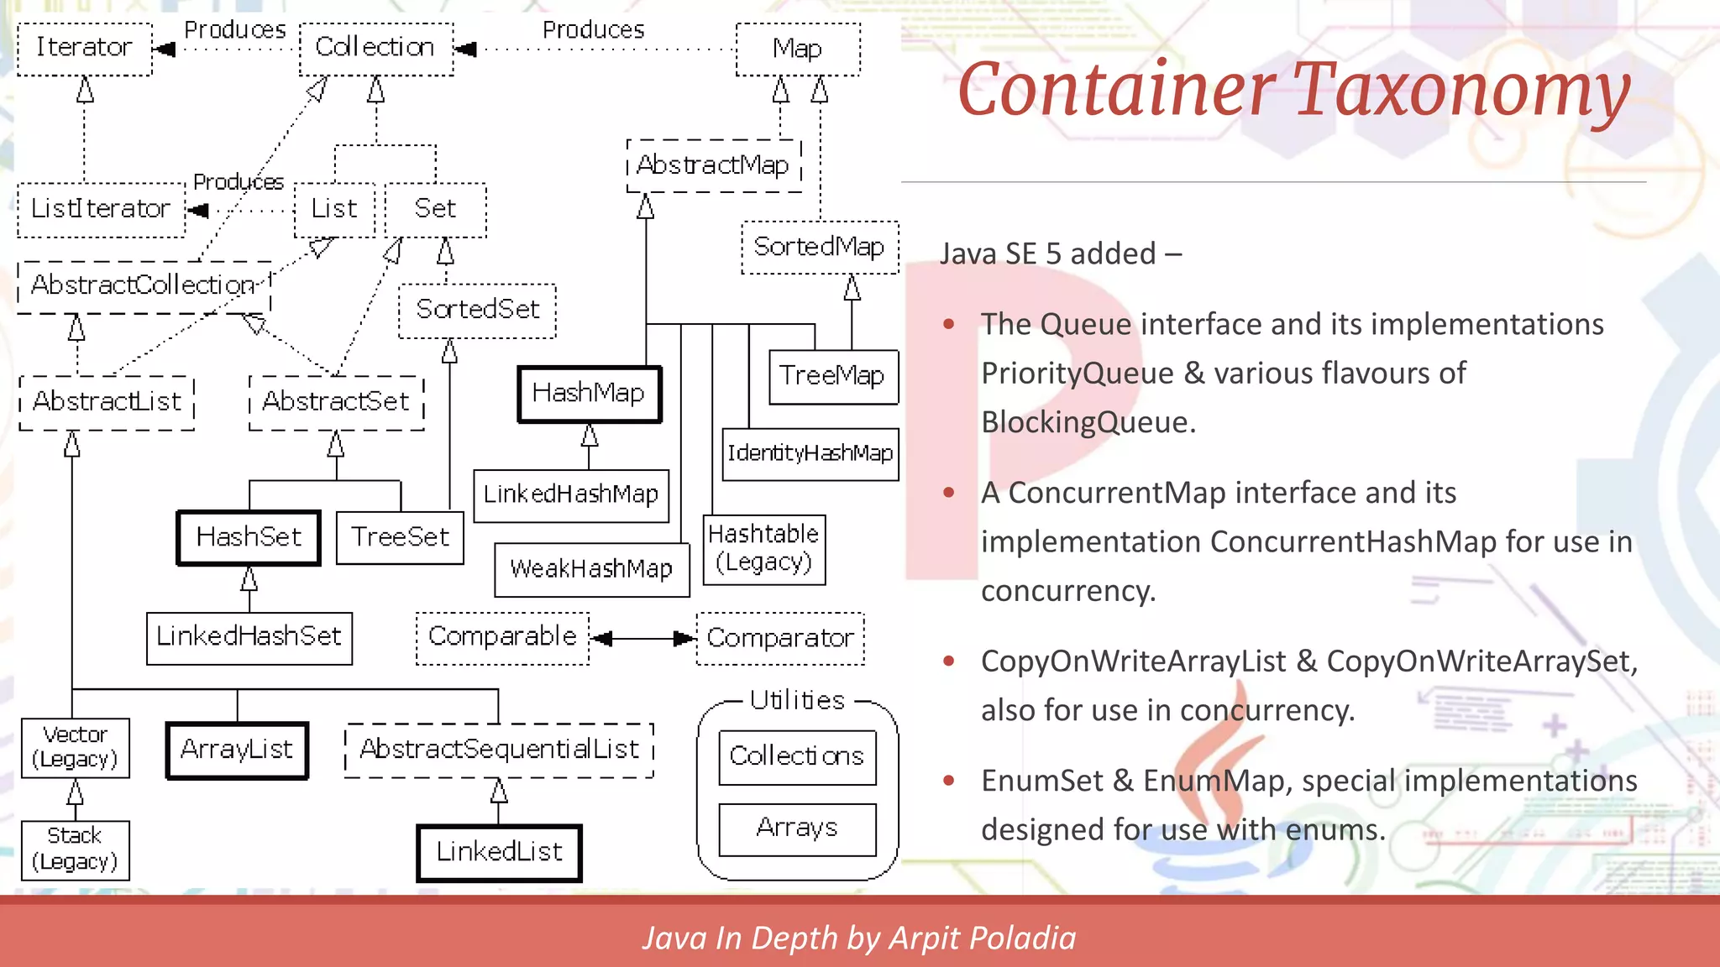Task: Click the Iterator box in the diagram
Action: tap(84, 49)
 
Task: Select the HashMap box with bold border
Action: tap(589, 394)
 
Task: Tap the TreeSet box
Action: tap(400, 537)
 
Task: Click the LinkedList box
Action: tap(499, 853)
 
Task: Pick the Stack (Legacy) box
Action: tap(75, 849)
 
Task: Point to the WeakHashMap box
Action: tap(591, 570)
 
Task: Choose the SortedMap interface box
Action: tap(819, 248)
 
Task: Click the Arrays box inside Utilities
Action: tap(797, 829)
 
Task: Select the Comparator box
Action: tap(779, 639)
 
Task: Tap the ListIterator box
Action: tap(101, 209)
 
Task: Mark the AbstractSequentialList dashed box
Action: tap(499, 750)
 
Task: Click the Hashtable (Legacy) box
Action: tap(763, 549)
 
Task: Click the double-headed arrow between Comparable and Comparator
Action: tap(642, 639)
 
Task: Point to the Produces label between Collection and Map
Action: tap(593, 30)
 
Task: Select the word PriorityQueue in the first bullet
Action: tap(1077, 374)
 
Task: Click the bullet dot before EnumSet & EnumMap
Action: tap(949, 781)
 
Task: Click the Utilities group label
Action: tap(797, 700)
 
